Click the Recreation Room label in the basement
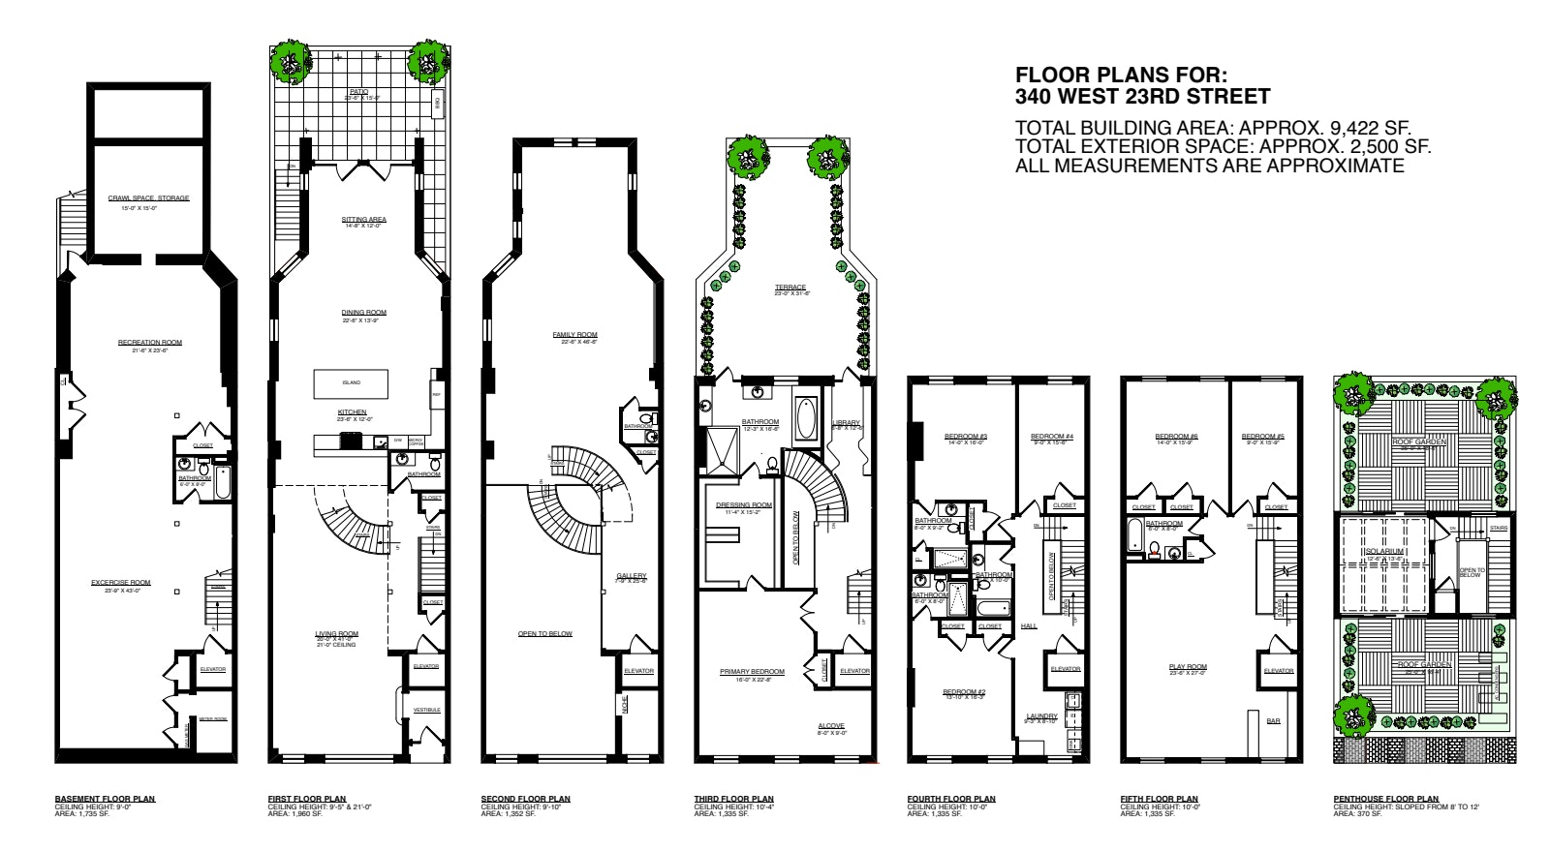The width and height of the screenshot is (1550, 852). tap(150, 342)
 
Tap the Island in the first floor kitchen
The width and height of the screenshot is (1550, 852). tap(351, 383)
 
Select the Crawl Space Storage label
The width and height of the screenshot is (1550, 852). tap(148, 198)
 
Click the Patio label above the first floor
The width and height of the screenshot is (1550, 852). tap(358, 92)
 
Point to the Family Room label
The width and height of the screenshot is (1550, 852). tap(574, 335)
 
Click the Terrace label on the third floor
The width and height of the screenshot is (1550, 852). tap(790, 288)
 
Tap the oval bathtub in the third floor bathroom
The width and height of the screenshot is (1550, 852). tap(806, 419)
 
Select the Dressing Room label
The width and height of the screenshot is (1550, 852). tap(744, 505)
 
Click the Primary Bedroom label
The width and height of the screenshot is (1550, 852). tap(752, 671)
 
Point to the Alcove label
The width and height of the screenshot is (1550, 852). tap(830, 725)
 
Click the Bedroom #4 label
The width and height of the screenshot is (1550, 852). tap(1051, 437)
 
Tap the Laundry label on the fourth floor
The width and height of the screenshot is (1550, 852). tap(1041, 716)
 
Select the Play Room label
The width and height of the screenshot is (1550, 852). tap(1188, 667)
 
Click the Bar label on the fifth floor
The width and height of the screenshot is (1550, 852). tap(1274, 720)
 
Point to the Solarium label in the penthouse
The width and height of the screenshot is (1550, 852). tap(1384, 551)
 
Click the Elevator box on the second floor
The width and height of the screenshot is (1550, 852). tap(638, 670)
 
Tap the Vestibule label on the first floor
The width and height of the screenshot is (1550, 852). tap(427, 710)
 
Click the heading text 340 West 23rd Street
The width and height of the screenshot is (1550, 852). tap(1142, 97)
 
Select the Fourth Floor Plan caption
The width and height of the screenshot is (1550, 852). tap(950, 799)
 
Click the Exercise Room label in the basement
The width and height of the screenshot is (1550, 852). tap(121, 583)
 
